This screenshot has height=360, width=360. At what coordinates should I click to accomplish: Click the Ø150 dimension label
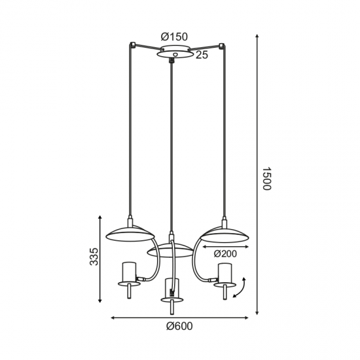(x=174, y=37)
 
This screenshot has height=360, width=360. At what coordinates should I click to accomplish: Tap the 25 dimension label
(x=202, y=55)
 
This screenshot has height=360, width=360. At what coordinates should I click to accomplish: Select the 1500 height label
(x=267, y=179)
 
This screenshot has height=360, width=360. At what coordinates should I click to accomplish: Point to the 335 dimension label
(x=94, y=257)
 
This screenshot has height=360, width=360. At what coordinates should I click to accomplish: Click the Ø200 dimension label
(x=225, y=254)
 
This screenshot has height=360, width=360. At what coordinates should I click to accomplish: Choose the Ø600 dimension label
(x=179, y=326)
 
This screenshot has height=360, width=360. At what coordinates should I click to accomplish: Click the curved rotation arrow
(x=241, y=288)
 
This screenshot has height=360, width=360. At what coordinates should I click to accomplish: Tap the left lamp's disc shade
(x=130, y=234)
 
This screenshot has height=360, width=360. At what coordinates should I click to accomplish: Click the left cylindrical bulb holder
(x=129, y=272)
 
